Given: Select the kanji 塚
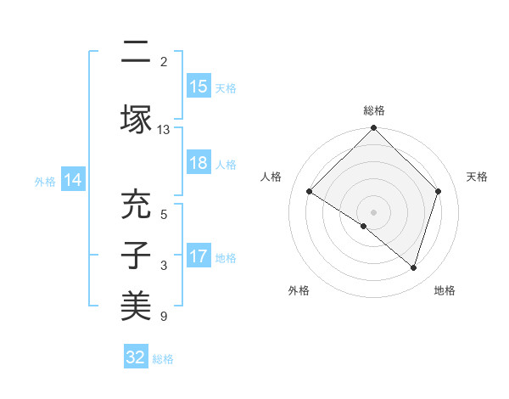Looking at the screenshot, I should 136,119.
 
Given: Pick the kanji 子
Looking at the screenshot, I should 136,256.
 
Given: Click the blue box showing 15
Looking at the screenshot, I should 199,87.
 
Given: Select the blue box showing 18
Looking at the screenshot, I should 199,164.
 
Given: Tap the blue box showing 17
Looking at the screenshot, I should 199,256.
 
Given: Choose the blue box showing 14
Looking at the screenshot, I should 72,180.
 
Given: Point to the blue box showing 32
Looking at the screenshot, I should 136,357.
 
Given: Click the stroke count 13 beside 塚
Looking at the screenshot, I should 164,130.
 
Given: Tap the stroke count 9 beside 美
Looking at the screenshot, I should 164,317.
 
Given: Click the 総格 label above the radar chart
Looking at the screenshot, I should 374,110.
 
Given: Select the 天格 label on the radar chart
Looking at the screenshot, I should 477,177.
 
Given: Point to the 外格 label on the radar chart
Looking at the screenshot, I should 299,290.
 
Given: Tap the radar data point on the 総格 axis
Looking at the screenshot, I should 374,129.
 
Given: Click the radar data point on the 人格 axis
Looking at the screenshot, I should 310,192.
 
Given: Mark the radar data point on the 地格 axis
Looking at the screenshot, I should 413,267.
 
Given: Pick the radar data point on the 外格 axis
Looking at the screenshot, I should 364,227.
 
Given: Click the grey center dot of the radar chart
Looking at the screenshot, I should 374,211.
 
